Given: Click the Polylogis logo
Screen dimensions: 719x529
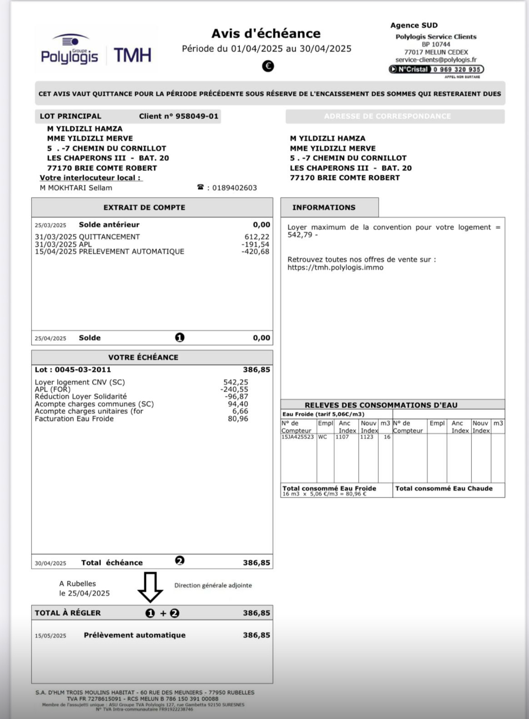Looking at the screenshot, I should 69,51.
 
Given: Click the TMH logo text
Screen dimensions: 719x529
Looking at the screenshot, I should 133,55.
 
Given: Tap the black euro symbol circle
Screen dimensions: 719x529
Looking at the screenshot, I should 268,66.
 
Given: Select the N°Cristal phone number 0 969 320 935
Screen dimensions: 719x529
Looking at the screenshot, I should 456,69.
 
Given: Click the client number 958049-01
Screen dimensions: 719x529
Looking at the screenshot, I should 197,116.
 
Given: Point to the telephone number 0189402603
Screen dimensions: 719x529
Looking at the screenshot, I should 234,188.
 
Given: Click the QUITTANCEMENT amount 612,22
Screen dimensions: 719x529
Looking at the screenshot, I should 257,237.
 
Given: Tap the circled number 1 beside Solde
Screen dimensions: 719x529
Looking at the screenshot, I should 180,337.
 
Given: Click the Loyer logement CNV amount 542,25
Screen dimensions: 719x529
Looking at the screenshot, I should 236,382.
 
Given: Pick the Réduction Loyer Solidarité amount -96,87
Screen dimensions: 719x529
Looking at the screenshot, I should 236,396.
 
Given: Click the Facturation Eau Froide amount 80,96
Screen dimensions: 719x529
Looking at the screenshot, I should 238,419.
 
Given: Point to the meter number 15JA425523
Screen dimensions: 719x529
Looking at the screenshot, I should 297,437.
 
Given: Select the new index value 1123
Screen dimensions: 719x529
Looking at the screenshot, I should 366,437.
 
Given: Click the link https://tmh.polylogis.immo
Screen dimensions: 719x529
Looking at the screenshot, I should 335,267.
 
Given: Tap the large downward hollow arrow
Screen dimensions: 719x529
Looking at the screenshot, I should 150,587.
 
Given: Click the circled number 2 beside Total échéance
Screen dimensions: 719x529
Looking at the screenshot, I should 180,561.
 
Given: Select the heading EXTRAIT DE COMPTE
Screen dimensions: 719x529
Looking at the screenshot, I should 144,207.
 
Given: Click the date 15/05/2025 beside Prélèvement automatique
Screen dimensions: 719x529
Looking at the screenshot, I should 50,636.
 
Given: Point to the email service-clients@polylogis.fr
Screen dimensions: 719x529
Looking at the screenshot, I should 436,60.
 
